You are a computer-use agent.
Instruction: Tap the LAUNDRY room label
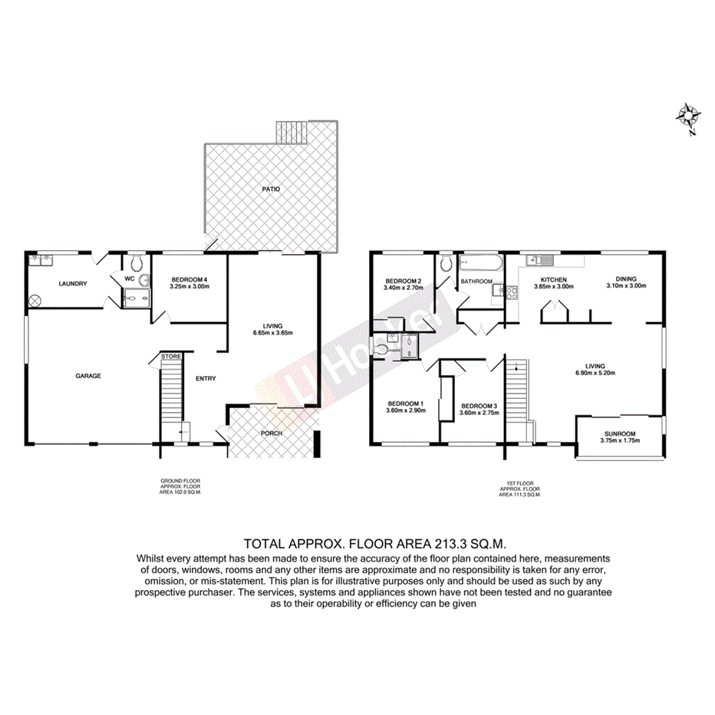pos(73,284)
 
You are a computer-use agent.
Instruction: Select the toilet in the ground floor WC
pos(136,263)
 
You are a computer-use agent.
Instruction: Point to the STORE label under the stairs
pos(170,356)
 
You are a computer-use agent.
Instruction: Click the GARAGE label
pos(88,376)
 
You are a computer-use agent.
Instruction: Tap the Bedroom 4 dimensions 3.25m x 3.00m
pos(189,286)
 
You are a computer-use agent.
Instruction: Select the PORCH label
pos(272,433)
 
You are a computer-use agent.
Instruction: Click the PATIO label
pos(269,188)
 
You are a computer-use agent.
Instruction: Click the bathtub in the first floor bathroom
pos(479,265)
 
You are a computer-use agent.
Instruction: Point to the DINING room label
pos(626,279)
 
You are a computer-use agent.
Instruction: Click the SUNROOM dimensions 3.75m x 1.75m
pos(618,440)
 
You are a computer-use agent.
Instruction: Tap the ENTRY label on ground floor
pos(206,378)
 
